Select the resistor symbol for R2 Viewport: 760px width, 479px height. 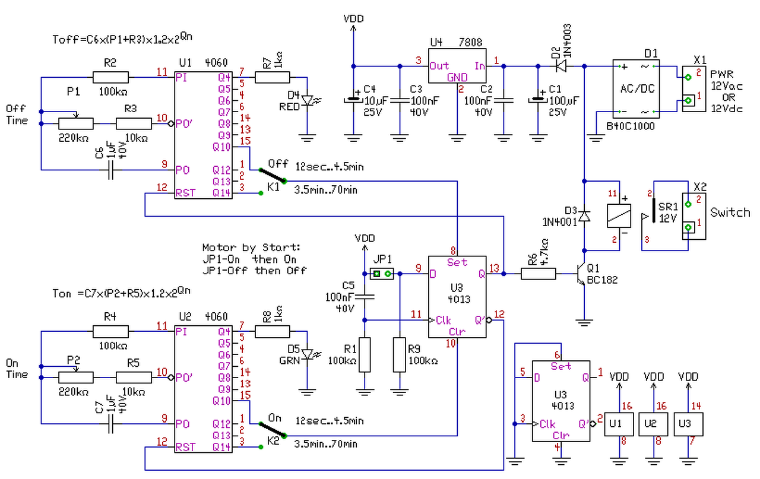tap(110, 77)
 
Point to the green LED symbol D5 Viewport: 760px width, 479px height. tap(307, 355)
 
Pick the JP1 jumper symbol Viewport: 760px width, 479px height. tap(382, 274)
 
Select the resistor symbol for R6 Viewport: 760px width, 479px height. tap(539, 274)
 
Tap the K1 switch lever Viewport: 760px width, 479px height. tap(271, 176)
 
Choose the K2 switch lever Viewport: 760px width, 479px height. tap(271, 430)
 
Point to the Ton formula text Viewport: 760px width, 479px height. tap(122, 293)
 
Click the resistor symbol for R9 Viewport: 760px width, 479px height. tap(400, 355)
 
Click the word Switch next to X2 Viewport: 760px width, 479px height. tap(730, 212)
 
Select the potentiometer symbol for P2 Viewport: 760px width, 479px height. tap(76, 377)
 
